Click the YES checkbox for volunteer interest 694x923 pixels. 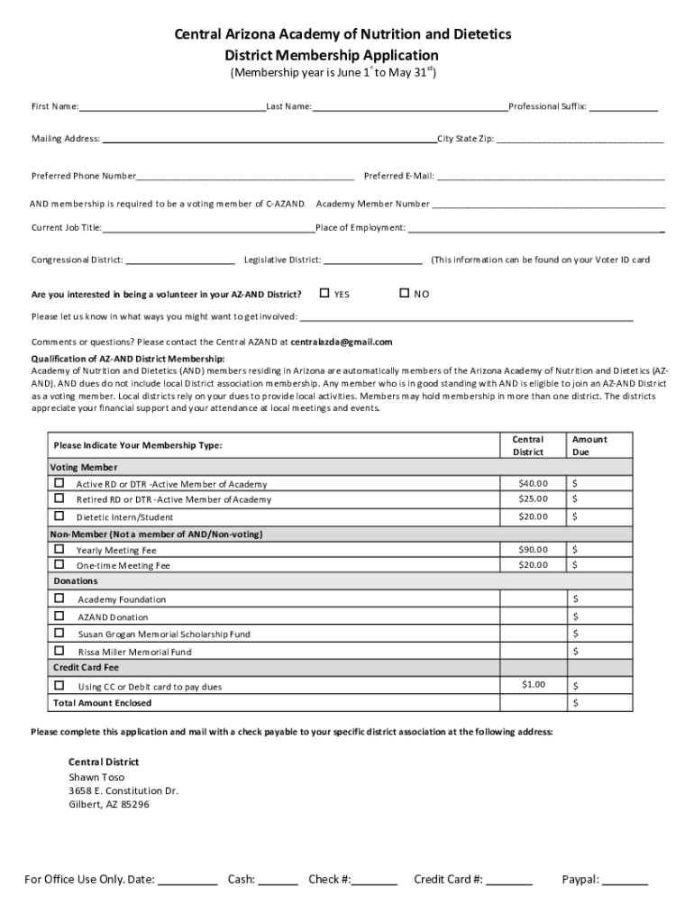click(x=324, y=293)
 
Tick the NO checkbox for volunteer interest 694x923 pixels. click(x=405, y=293)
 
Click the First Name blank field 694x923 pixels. click(x=171, y=107)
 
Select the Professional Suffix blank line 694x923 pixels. click(x=624, y=107)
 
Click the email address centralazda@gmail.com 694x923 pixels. click(x=342, y=343)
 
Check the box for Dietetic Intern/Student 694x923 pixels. click(x=59, y=516)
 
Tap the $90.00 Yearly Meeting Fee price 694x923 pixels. click(x=533, y=549)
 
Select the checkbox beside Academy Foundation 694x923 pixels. click(x=59, y=599)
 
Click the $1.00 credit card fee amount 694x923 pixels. click(x=533, y=685)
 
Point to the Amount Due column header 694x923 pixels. click(x=589, y=445)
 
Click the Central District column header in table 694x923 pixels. click(x=528, y=445)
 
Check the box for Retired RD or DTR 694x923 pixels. click(x=59, y=498)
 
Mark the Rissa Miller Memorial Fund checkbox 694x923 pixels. click(x=59, y=651)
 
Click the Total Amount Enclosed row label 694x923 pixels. click(x=103, y=703)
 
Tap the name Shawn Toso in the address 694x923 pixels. click(x=96, y=777)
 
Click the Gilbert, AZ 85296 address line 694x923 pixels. click(x=109, y=805)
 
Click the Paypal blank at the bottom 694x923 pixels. click(x=625, y=881)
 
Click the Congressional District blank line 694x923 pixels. click(x=180, y=260)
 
